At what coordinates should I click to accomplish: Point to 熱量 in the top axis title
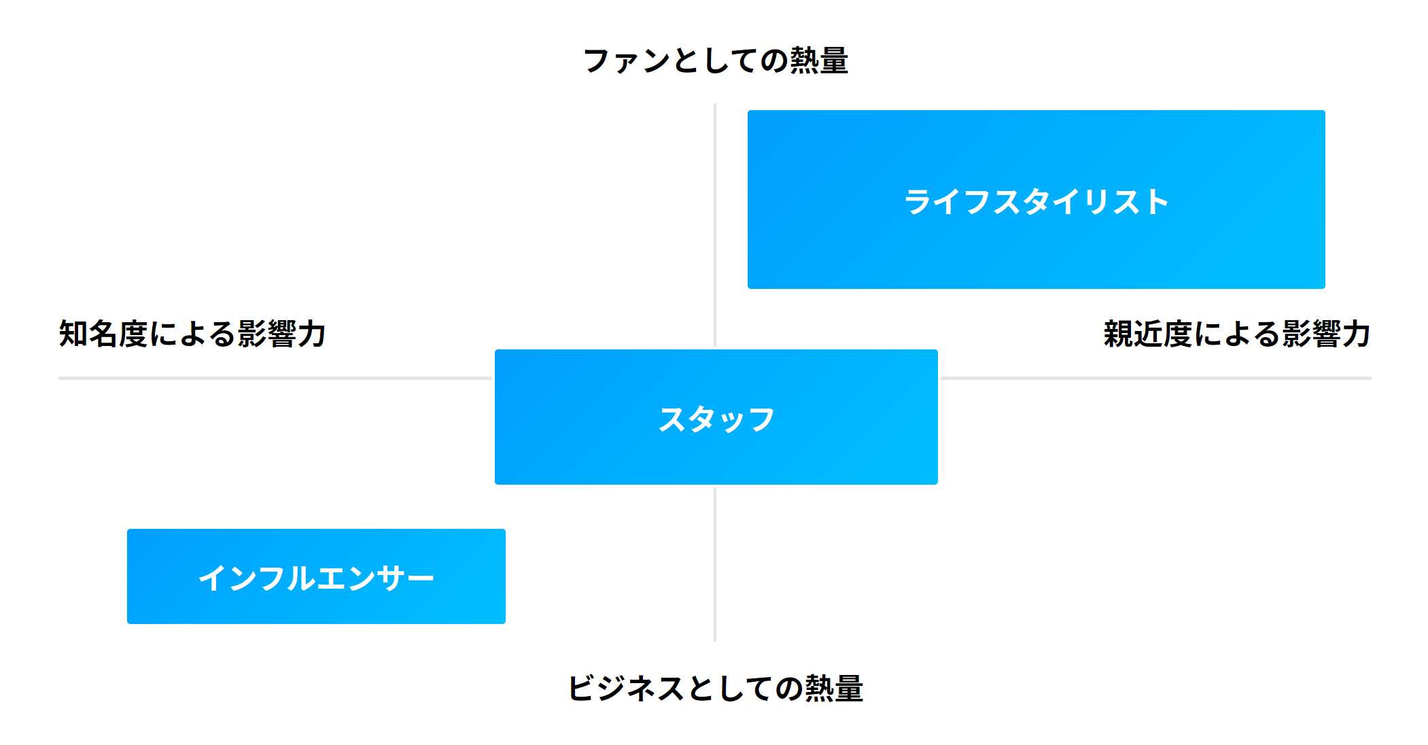tap(819, 60)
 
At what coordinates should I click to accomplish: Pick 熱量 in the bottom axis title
tap(834, 689)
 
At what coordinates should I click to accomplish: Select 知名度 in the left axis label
tap(103, 334)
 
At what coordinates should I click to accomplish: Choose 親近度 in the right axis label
tap(1148, 334)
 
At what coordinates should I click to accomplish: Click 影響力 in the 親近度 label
tap(1326, 334)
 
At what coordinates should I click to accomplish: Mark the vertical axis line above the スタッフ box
tap(715, 224)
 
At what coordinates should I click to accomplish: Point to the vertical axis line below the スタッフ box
tap(715, 564)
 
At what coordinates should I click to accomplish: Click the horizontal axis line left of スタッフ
tap(272, 378)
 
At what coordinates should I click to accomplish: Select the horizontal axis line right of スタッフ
tap(1155, 378)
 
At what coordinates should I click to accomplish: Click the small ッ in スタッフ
tap(731, 422)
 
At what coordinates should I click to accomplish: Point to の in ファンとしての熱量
tap(774, 61)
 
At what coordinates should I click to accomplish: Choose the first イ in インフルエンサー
tap(212, 578)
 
